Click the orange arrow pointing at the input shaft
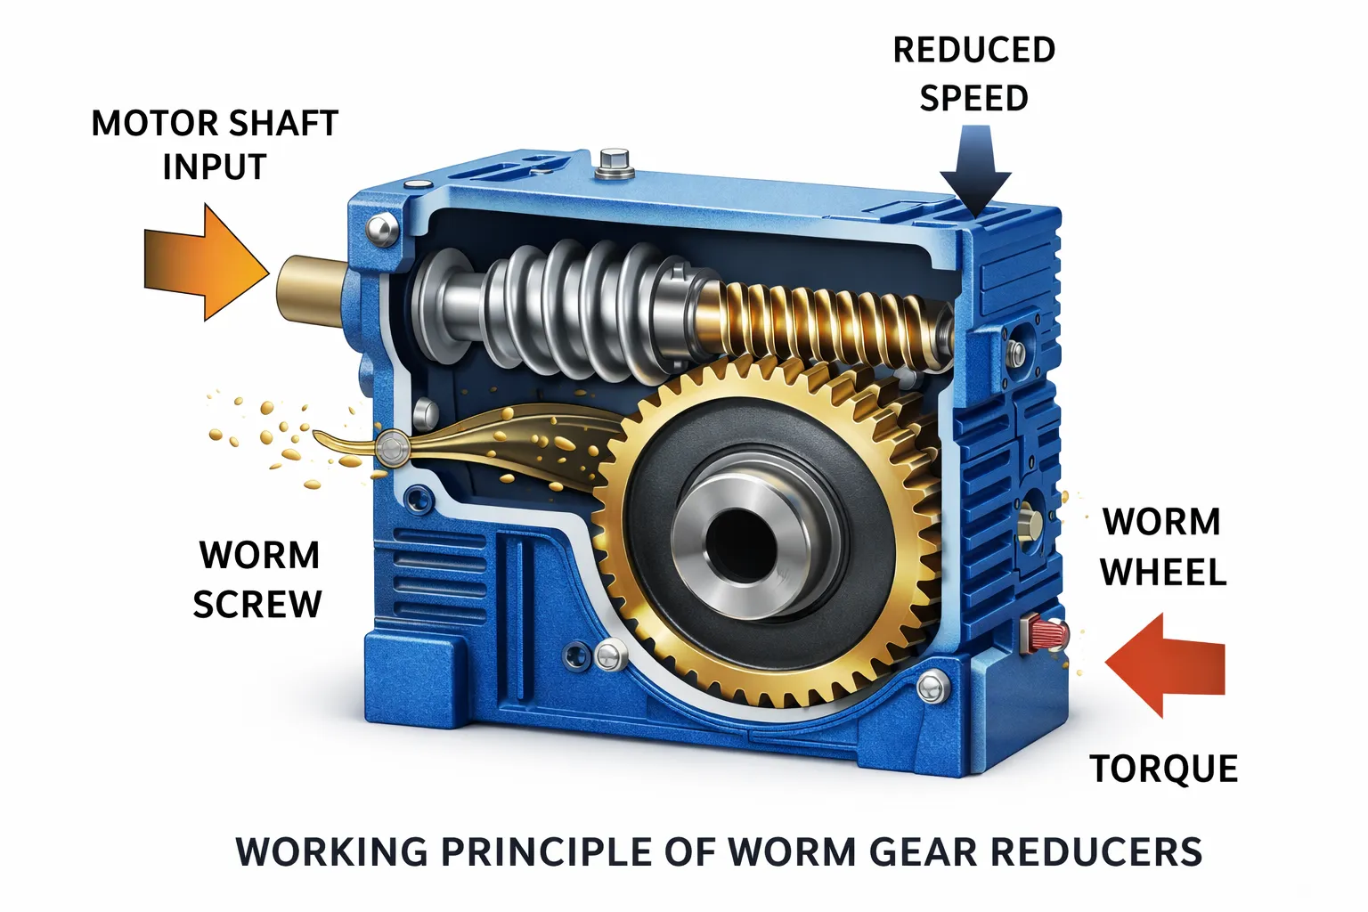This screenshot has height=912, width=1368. [207, 263]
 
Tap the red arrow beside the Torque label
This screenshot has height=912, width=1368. [1165, 664]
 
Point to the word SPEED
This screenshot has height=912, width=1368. [974, 98]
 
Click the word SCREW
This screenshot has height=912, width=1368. [257, 604]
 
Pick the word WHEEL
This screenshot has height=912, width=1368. [1163, 572]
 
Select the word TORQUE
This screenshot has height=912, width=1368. [1164, 768]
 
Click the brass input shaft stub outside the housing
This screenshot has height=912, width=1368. [312, 290]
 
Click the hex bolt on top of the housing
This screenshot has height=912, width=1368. [615, 164]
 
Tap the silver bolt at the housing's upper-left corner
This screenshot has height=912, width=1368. [382, 229]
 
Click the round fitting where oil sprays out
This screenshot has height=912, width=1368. [392, 448]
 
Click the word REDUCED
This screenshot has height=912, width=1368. [974, 50]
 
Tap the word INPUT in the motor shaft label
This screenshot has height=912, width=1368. [215, 167]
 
